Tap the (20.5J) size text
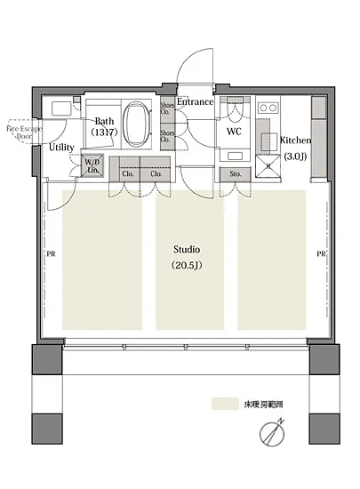pyautogui.click(x=187, y=266)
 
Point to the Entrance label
pyautogui.click(x=195, y=102)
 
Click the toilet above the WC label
pyautogui.click(x=236, y=109)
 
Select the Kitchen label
pyautogui.click(x=294, y=140)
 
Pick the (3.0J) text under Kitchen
pyautogui.click(x=294, y=156)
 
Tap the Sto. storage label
pyautogui.click(x=235, y=174)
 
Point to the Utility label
pyautogui.click(x=62, y=148)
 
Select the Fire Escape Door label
pyautogui.click(x=24, y=132)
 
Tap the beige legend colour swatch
pyautogui.click(x=224, y=404)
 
